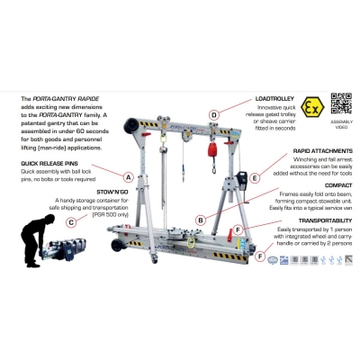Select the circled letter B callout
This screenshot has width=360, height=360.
click(200, 220)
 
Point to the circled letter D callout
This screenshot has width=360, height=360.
click(214, 115)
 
